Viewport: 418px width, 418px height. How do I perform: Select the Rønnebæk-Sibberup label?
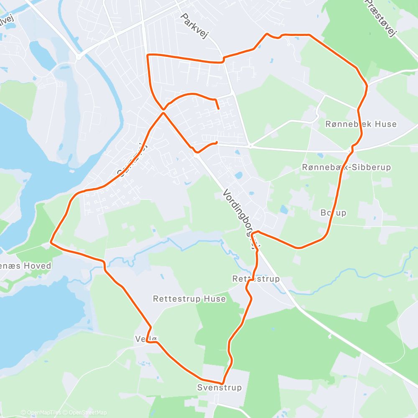tap(347, 167)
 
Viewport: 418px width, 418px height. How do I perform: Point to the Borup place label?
tap(333, 213)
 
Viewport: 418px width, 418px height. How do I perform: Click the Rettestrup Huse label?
tap(189, 299)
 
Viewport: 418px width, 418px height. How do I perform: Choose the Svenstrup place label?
tap(219, 388)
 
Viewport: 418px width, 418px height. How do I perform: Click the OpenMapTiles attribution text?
tap(41, 413)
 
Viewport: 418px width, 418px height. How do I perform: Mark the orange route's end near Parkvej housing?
tap(219, 109)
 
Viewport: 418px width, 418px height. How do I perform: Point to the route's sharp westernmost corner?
tap(51, 242)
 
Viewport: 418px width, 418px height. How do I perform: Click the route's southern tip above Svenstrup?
tap(222, 383)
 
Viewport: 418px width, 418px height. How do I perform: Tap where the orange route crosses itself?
tap(163, 112)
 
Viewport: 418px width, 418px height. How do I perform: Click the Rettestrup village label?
tap(256, 279)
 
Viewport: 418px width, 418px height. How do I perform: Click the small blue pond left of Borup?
tap(284, 209)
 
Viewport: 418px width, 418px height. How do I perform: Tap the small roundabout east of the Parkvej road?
tap(250, 146)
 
